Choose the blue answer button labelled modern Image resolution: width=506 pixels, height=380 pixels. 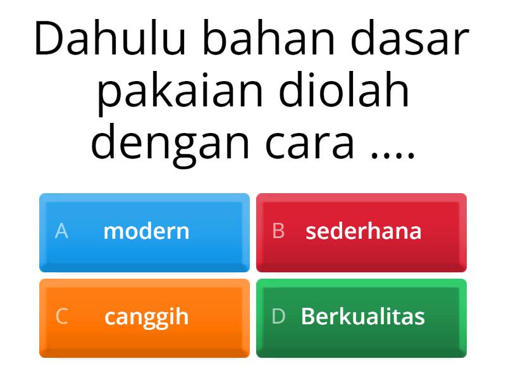[144, 232]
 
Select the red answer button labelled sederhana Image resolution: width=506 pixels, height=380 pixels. [361, 232]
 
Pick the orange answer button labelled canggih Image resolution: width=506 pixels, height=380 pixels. [144, 317]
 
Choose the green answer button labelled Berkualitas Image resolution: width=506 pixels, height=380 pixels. [361, 317]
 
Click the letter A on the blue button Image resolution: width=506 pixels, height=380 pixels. [61, 231]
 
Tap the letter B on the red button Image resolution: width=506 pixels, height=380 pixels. [278, 231]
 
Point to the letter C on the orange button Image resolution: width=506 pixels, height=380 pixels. [61, 317]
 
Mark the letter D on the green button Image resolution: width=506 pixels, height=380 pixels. [278, 317]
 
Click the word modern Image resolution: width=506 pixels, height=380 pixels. [146, 231]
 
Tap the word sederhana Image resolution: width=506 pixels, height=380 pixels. [364, 231]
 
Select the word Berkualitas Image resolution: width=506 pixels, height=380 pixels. [363, 317]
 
